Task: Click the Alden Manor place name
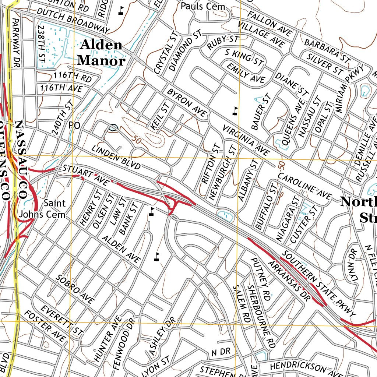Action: coord(101,53)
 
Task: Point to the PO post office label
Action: coord(74,126)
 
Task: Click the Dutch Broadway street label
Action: coord(73,21)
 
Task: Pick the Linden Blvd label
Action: coord(116,157)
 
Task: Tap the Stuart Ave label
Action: coord(86,175)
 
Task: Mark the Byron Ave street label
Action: coord(187,103)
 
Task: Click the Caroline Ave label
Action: coord(304,187)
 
